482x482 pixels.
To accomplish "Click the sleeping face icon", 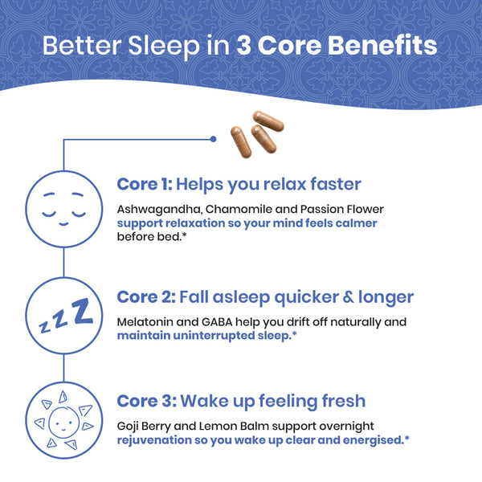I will click(63, 207).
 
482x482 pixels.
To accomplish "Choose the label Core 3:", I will click(145, 400).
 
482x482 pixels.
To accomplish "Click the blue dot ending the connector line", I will click(213, 139).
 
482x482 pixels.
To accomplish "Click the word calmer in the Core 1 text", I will click(354, 223).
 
